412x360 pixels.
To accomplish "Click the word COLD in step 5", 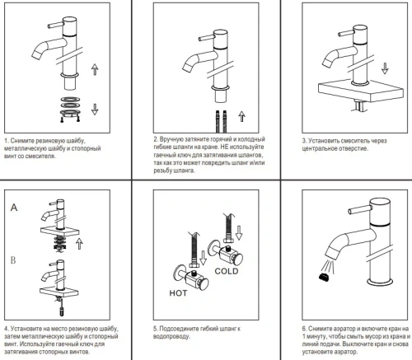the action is (227, 271).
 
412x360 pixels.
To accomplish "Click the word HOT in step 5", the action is (178, 293).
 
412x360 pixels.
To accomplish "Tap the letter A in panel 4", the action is (14, 208).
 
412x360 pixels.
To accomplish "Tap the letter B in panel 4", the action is (13, 260).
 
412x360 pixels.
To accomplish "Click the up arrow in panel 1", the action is (95, 69).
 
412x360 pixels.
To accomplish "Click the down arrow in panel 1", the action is (95, 109).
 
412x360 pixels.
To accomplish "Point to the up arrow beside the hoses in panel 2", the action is (241, 116).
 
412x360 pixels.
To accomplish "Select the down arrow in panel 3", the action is (385, 68).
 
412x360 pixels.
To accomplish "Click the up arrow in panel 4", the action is (79, 244).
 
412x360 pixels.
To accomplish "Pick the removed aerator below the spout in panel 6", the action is (325, 277).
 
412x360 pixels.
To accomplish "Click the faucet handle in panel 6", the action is (358, 210).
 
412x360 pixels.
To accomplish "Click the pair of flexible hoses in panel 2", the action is (221, 121).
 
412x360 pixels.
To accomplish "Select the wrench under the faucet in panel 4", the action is (62, 309).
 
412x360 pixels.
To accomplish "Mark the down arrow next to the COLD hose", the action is (239, 232).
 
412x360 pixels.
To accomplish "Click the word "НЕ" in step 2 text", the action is (224, 147).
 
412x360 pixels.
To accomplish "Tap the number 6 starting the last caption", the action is (304, 329).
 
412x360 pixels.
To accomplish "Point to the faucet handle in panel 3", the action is (347, 33).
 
